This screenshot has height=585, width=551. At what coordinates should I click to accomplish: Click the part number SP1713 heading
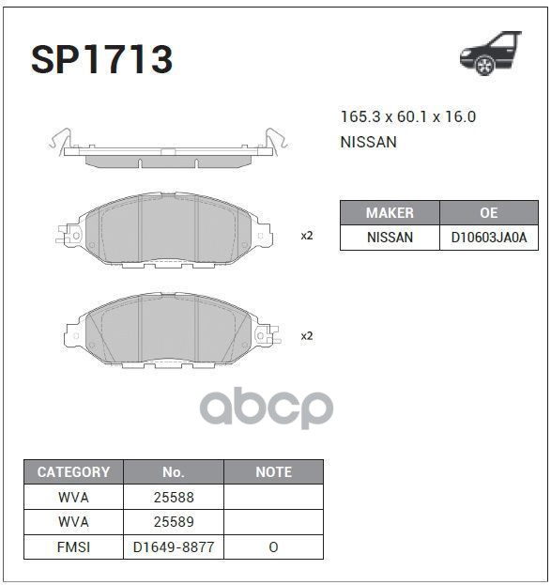[x=101, y=59]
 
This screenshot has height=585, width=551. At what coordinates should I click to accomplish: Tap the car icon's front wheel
[x=484, y=66]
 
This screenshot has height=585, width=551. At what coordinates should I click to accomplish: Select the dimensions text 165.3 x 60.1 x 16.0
[x=408, y=116]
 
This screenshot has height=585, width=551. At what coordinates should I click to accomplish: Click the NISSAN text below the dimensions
[x=368, y=142]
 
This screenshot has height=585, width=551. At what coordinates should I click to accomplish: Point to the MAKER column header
[x=390, y=212]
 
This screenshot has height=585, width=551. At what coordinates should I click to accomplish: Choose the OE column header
[x=489, y=212]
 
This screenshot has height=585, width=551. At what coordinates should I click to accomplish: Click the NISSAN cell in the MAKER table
[x=390, y=238]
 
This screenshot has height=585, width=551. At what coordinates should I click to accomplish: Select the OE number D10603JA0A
[x=489, y=238]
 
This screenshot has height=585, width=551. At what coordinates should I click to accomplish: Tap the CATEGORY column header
[x=73, y=472]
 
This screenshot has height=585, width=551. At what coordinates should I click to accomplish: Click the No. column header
[x=174, y=472]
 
